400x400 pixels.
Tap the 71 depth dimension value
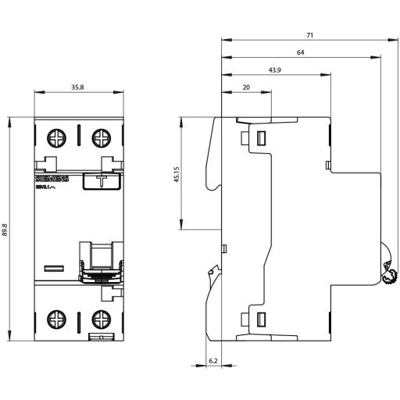coord(311,34)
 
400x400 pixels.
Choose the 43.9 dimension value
coord(275,71)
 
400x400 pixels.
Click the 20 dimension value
coord(246,88)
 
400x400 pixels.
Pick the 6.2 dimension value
coord(214,361)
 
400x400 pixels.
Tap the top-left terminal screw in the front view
coord(58,138)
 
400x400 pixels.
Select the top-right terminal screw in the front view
coord(101,138)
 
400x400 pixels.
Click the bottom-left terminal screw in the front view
coord(58,318)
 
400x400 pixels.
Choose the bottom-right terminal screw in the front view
coord(101,318)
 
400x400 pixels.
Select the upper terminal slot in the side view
coord(260,139)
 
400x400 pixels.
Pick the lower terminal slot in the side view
coord(260,317)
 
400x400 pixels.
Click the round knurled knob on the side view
coord(389,274)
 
